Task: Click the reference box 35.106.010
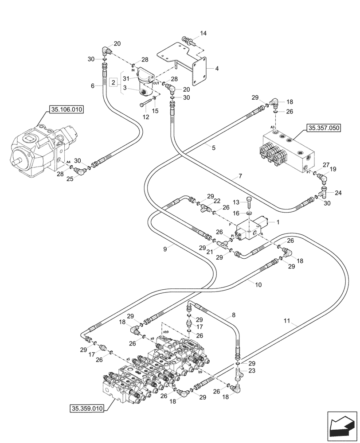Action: tap(67, 110)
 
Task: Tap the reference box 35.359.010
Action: tap(86, 408)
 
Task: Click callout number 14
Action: tap(203, 33)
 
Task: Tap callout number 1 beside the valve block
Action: tap(278, 222)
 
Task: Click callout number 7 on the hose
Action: tap(240, 177)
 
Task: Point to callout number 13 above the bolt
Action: tap(236, 202)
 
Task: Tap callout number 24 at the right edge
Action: tap(339, 193)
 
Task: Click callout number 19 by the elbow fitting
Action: tap(333, 169)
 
